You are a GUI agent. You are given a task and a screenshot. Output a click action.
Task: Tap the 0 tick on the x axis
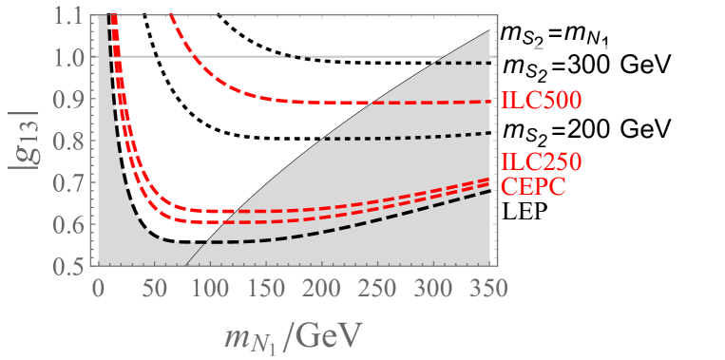coord(97,284)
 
